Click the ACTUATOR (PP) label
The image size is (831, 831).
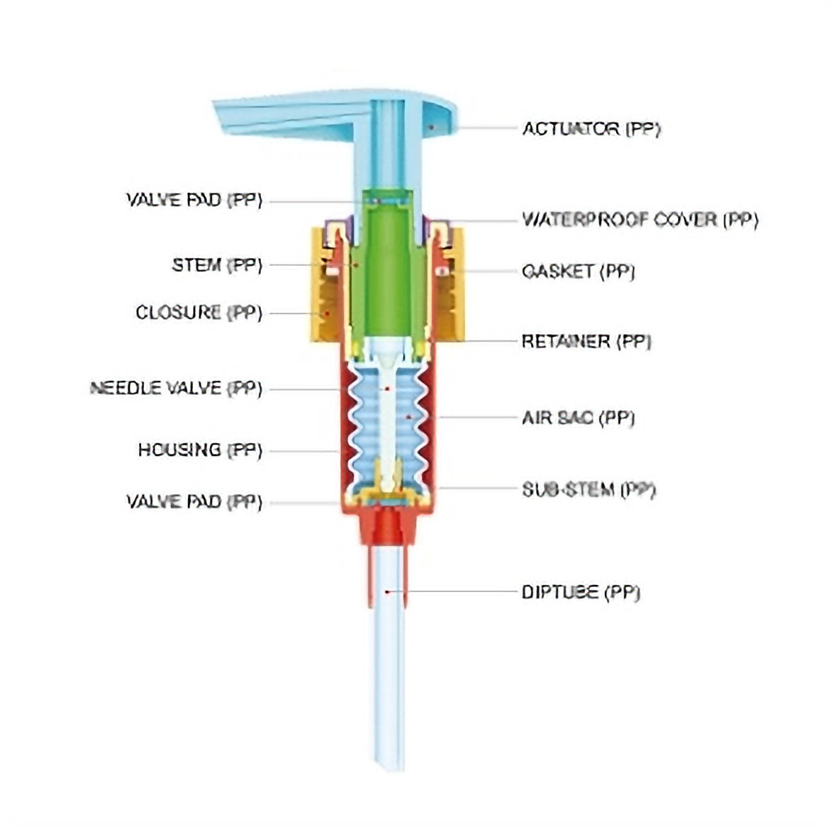591,129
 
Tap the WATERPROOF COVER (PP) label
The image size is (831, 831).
640,220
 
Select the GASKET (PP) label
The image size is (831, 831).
578,272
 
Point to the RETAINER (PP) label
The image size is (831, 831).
586,342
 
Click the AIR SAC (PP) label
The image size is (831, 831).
578,418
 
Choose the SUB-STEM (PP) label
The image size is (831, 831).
589,490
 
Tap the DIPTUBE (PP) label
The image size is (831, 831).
581,592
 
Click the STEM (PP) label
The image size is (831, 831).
217,265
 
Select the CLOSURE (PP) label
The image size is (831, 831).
199,313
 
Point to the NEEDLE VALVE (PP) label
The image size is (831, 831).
176,389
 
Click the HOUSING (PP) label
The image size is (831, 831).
200,450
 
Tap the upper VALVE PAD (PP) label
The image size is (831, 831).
194,200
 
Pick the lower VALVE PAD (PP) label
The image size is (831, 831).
194,502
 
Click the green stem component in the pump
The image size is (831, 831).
386,269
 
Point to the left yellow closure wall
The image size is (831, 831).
320,284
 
